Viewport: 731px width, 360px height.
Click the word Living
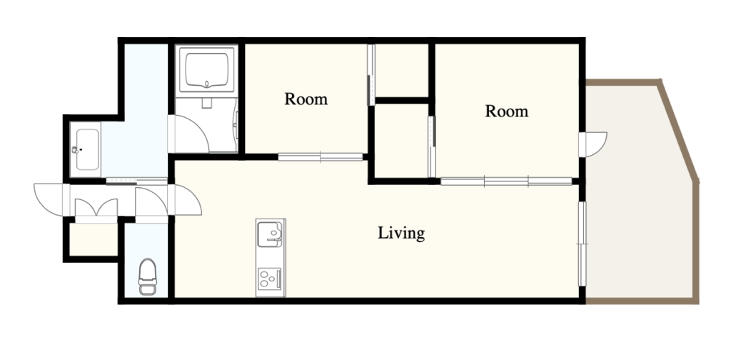tap(401, 233)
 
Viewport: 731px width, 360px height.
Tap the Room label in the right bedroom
tap(506, 111)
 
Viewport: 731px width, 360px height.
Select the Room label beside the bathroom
tap(306, 99)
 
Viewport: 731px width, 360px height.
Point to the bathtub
tap(206, 70)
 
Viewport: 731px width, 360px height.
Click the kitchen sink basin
tap(271, 234)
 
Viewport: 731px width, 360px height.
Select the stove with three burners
tap(269, 279)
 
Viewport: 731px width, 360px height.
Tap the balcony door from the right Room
tap(594, 144)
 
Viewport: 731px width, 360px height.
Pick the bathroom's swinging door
tap(189, 134)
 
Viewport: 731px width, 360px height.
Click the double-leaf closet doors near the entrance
tap(96, 208)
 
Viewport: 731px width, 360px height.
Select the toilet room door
tap(151, 201)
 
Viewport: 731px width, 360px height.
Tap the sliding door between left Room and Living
tap(321, 157)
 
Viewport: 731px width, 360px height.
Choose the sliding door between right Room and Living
tap(506, 181)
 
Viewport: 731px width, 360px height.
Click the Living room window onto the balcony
tap(582, 244)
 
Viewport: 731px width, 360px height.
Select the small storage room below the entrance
tap(94, 240)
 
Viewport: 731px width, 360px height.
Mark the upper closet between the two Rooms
tap(401, 71)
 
